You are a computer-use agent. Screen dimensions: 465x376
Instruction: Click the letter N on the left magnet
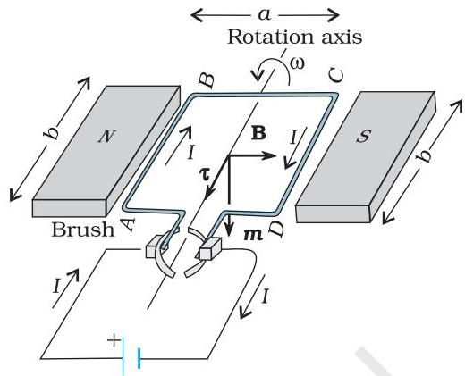(106, 137)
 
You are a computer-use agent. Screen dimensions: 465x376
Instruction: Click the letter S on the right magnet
(363, 136)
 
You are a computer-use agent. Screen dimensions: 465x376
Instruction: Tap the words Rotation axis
(295, 38)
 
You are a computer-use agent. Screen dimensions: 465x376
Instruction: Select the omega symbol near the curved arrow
(297, 63)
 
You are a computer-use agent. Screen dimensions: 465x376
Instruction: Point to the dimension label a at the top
(265, 14)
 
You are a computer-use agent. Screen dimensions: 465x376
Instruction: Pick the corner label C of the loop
(336, 75)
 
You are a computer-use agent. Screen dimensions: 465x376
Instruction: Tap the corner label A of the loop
(128, 225)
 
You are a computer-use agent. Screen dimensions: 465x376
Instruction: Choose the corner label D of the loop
(276, 230)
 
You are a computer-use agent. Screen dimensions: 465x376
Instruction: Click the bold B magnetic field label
(258, 133)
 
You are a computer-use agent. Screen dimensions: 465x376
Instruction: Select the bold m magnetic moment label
(253, 235)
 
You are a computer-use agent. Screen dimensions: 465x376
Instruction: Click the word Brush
(83, 230)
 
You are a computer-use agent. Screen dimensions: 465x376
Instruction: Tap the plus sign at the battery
(114, 340)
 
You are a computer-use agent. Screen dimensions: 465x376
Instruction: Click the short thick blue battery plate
(139, 358)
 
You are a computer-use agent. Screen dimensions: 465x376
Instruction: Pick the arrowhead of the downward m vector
(229, 230)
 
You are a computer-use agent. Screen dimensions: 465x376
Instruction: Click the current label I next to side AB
(190, 153)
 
